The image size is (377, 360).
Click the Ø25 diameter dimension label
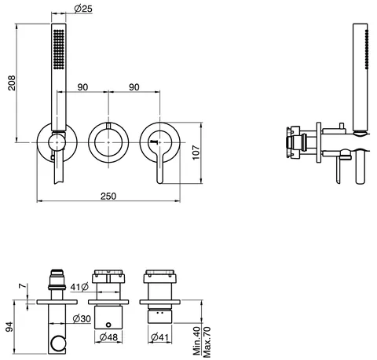point(83,9)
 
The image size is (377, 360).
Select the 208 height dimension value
point(12,83)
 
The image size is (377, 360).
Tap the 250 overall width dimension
point(108,196)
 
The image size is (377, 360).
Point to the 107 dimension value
point(196,152)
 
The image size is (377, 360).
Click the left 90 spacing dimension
point(82,87)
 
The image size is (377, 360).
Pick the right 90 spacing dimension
point(134,87)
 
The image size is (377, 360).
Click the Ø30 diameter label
point(82,318)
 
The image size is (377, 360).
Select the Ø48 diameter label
point(108,336)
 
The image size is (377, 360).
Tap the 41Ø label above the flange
point(79,287)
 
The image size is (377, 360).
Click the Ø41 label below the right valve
point(159,336)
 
